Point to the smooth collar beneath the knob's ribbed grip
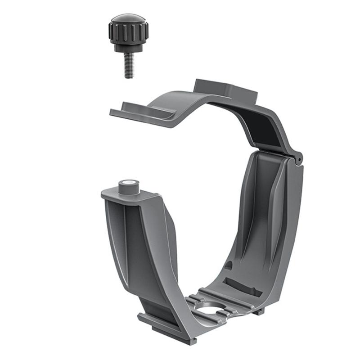128,47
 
